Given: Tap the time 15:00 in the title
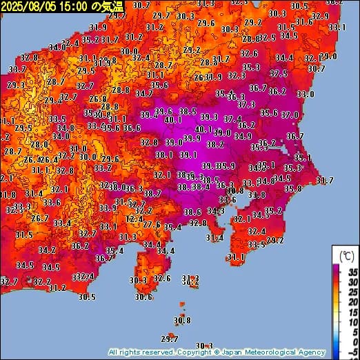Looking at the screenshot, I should pos(74,6).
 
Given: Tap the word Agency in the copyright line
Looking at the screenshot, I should pos(308,352).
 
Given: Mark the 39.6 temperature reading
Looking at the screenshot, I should pos(163,112).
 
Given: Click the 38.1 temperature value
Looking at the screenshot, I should pos(163,155).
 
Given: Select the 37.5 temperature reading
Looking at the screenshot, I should pos(279,73).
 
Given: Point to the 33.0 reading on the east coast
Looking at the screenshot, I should pos(306,94).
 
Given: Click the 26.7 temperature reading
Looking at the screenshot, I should pos(40,218).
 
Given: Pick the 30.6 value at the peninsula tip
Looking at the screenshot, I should pos(143,297).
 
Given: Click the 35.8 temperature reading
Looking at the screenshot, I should pos(293,188).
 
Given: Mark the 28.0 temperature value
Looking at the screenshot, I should pos(40,144).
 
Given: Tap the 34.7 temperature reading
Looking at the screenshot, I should pos(143,93).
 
